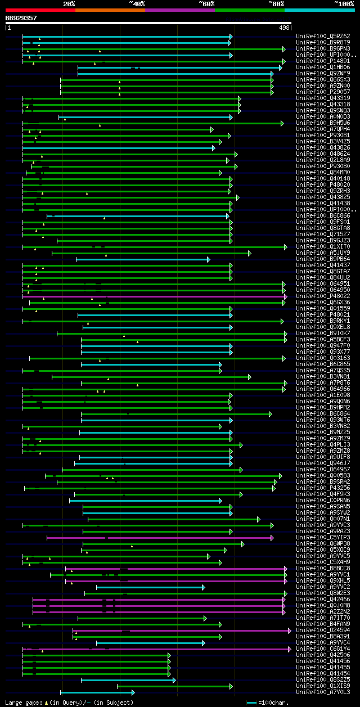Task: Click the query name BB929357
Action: coord(21,18)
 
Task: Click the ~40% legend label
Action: coord(137,4)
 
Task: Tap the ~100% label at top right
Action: coord(344,4)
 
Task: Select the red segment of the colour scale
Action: coord(40,10)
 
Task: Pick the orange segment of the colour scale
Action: coord(110,10)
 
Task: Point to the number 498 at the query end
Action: coord(284,28)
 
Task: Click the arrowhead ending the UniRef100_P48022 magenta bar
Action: coord(285,296)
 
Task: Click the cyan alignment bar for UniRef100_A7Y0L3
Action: coord(96,692)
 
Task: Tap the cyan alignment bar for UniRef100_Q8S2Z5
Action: coord(127,680)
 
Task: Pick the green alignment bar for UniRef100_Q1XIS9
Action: coord(174,686)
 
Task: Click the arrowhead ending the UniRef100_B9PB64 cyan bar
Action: coord(208,259)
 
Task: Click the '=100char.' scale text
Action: coord(272,703)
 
